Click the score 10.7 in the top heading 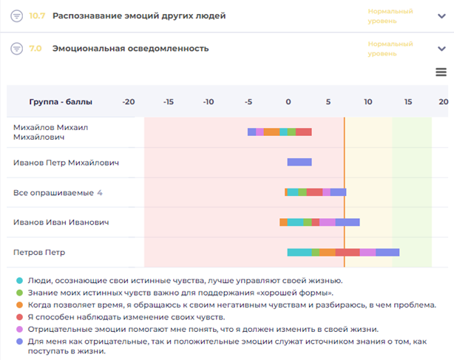(x=36, y=16)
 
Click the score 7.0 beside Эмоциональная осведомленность (x=35, y=48)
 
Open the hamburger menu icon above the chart (x=441, y=72)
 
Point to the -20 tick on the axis (x=127, y=101)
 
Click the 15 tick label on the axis (x=407, y=101)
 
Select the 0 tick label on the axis (x=289, y=101)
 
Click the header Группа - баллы (x=59, y=101)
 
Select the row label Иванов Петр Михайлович (x=66, y=163)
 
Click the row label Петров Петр (x=39, y=252)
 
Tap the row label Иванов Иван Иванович (x=61, y=222)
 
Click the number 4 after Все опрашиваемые (x=100, y=193)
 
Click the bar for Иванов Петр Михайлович (x=299, y=162)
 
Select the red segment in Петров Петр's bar (x=348, y=252)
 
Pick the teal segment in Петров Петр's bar (x=299, y=252)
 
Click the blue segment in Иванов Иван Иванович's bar (x=348, y=222)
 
